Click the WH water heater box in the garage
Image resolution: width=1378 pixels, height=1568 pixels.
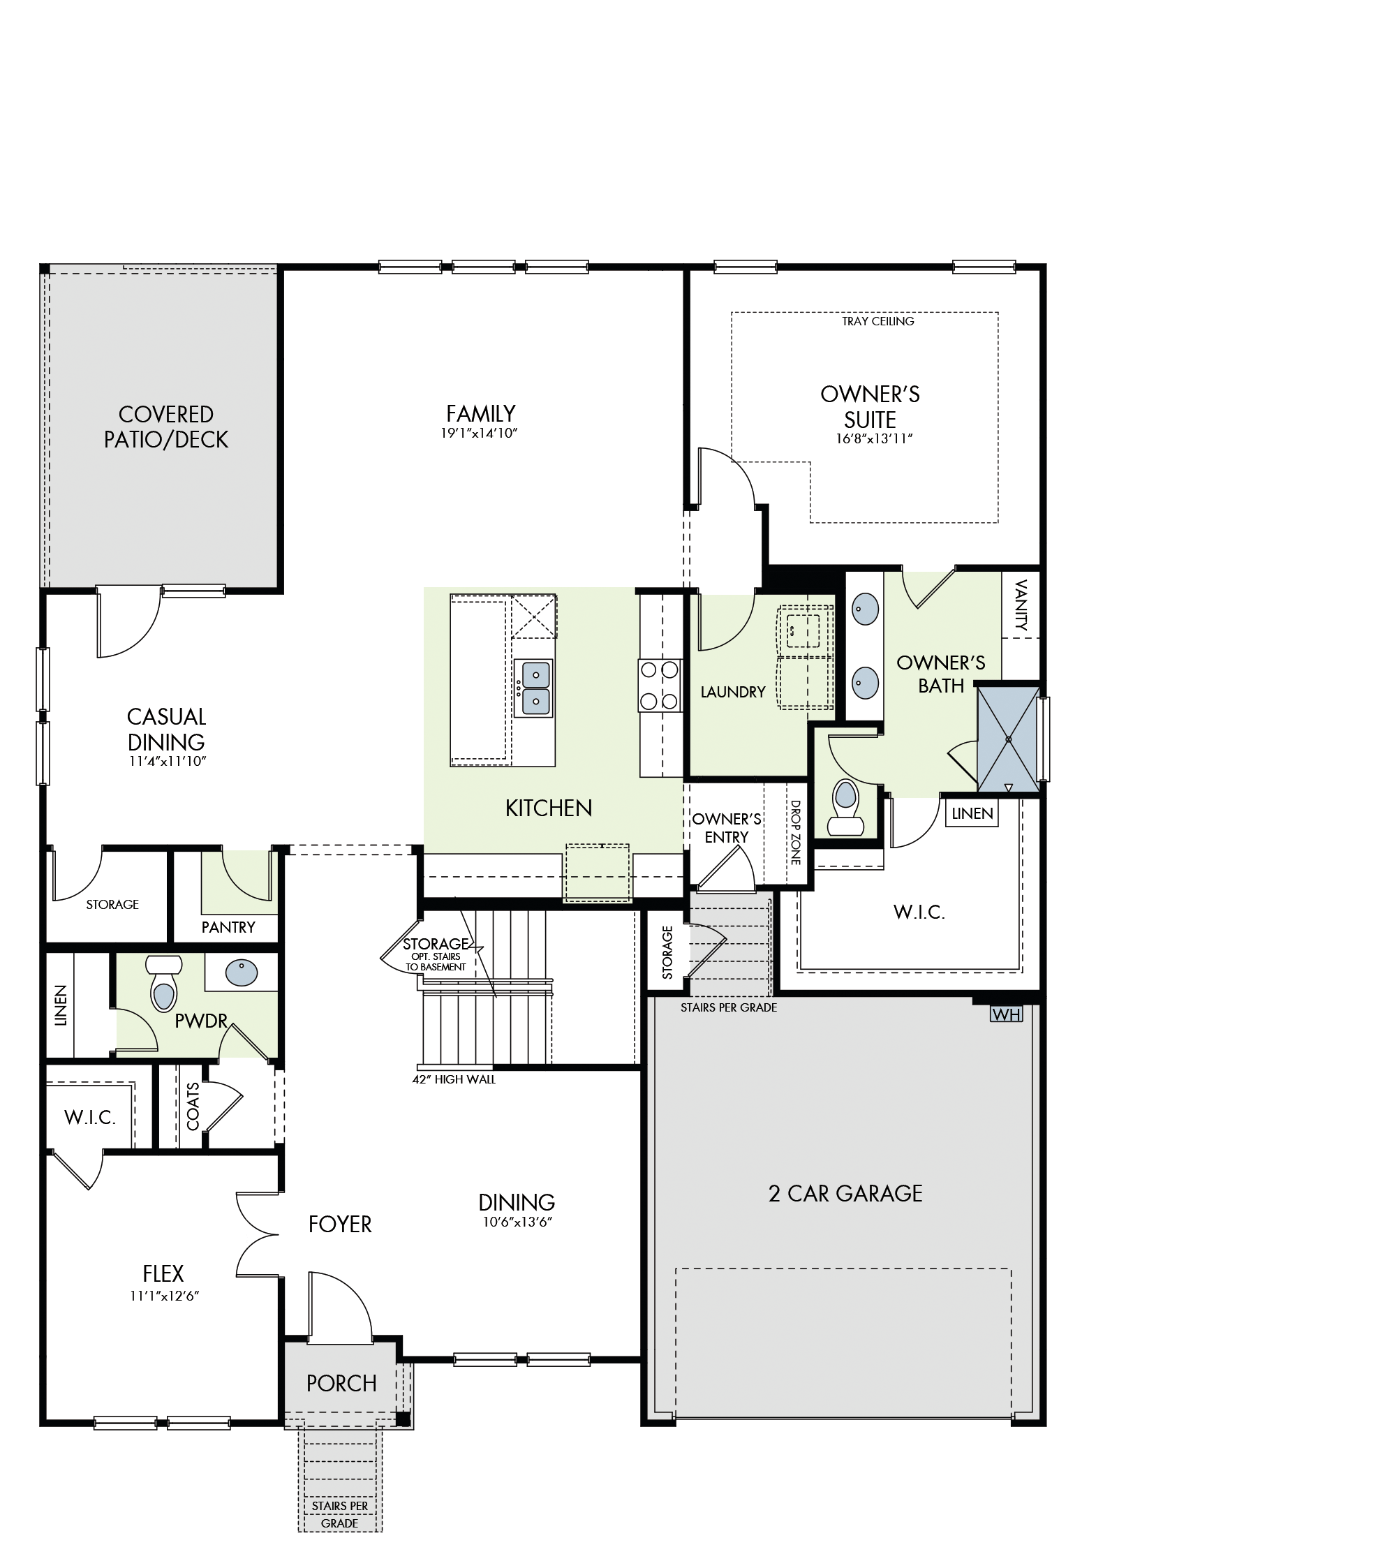pos(1006,1014)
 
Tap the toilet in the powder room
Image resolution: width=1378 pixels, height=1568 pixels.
pos(163,984)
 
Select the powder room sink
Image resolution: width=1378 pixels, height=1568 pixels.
pos(242,972)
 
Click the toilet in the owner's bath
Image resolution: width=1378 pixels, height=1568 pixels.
pos(845,808)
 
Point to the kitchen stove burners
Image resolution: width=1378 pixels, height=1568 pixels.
pos(660,685)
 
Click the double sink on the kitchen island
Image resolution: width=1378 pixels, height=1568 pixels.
pos(533,688)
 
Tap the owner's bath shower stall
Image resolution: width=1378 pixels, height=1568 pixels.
pos(1008,739)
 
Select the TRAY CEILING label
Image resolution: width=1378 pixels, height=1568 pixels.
pos(877,321)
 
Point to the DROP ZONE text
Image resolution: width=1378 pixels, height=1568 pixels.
pos(796,832)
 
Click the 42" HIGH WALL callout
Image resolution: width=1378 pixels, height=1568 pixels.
pos(454,1079)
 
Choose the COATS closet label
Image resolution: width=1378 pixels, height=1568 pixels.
pos(193,1107)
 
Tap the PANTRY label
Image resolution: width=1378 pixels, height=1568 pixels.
pos(228,927)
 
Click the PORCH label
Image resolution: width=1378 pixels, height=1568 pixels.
pos(341,1383)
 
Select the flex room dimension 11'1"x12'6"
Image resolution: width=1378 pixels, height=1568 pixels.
pos(165,1296)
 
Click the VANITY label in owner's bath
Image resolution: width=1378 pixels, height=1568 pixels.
pos(1021,605)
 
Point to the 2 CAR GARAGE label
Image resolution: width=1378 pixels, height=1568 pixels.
pos(845,1194)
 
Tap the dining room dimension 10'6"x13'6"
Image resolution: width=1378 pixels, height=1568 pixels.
pos(517,1222)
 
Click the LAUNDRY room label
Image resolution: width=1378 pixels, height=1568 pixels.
pos(733,692)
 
